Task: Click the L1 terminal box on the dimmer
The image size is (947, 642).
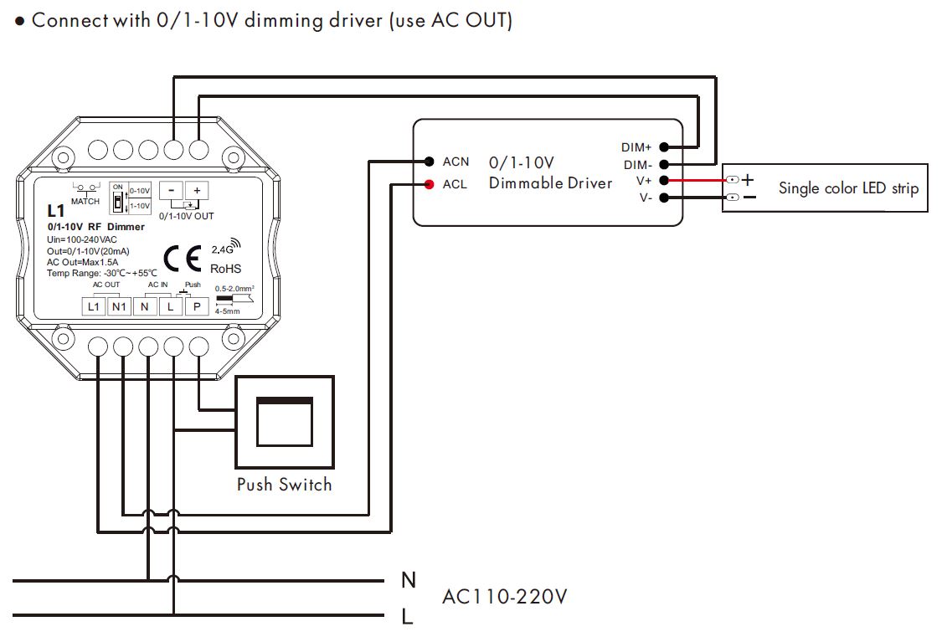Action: click(94, 307)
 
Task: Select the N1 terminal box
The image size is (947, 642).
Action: click(119, 307)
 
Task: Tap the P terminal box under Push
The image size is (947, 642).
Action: click(197, 307)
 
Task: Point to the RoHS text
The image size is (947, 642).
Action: click(226, 269)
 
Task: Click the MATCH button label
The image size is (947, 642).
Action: click(85, 202)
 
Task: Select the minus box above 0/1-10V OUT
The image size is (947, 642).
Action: click(171, 191)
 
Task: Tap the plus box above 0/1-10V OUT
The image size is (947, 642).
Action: click(198, 191)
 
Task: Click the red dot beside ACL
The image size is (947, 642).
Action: click(429, 184)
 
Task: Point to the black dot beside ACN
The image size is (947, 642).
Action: click(429, 162)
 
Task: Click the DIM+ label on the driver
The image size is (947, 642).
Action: click(636, 147)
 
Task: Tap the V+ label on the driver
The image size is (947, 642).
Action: click(643, 181)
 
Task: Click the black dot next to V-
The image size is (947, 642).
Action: click(663, 198)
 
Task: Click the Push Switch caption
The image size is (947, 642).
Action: click(284, 485)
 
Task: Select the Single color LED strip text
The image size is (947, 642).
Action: click(848, 188)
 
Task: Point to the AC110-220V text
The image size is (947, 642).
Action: click(505, 598)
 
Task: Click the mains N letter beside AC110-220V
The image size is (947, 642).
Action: click(409, 580)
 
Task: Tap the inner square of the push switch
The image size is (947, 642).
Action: click(284, 422)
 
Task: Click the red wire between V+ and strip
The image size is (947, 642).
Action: click(695, 180)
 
